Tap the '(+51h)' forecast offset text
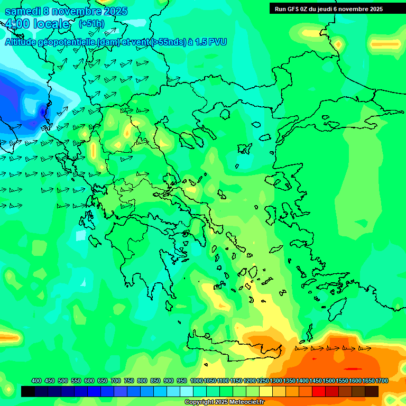coord(91,24)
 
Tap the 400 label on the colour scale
coord(36,381)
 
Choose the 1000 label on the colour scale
coord(196,381)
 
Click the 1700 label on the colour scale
coord(381,381)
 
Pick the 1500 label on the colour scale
coord(328,381)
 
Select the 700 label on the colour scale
coord(116,381)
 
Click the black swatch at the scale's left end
coord(28,391)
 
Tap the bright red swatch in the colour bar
coord(319,391)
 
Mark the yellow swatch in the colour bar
coord(266,391)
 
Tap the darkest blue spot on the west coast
coord(43,111)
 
